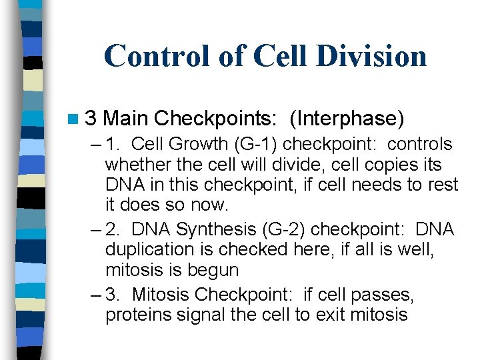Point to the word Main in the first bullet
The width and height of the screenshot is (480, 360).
pyautogui.click(x=126, y=119)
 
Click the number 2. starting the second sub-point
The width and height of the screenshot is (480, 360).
pyautogui.click(x=114, y=229)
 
